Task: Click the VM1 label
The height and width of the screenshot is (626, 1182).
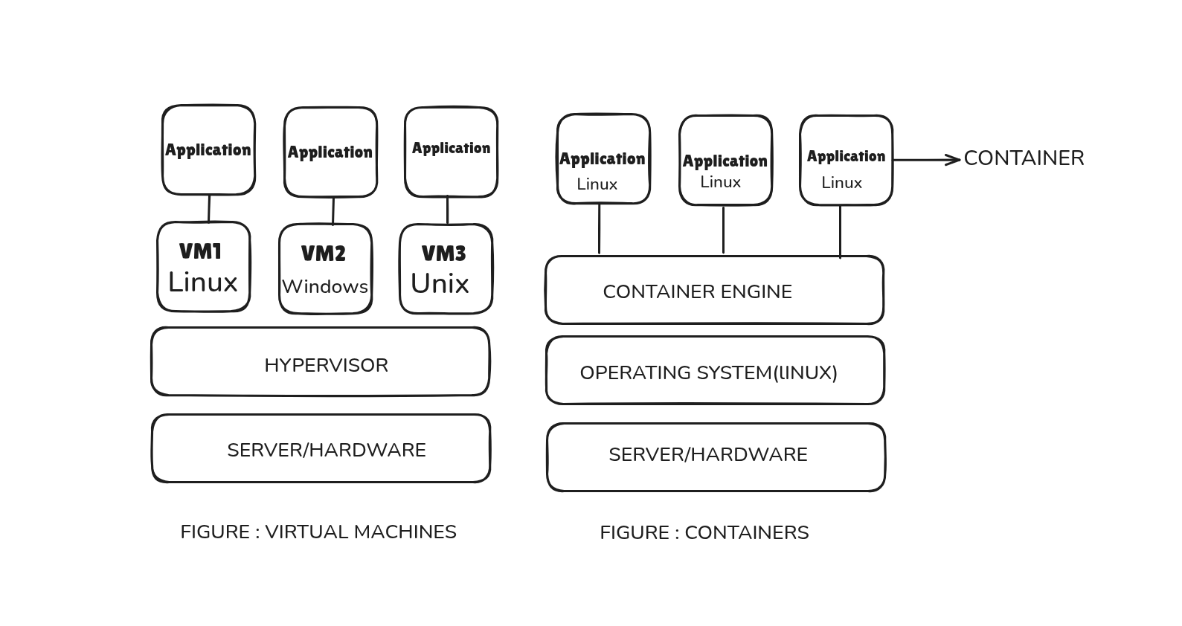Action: click(201, 252)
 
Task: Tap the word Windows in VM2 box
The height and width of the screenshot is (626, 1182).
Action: click(325, 287)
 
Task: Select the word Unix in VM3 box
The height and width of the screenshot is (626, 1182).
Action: click(440, 284)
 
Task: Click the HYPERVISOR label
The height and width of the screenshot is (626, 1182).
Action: click(326, 366)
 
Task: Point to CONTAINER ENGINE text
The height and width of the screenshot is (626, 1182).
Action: click(697, 292)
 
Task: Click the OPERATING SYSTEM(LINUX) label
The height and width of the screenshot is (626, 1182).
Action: click(708, 373)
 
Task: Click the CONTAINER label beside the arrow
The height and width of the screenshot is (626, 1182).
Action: click(1024, 158)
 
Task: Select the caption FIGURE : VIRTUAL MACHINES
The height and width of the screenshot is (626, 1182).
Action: click(318, 532)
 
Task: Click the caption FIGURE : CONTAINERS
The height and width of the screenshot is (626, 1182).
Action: click(704, 533)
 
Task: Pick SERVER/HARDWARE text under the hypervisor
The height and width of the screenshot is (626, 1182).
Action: click(326, 451)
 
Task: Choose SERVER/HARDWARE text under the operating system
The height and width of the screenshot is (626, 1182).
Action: click(707, 455)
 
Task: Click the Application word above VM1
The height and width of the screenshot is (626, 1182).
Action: click(208, 150)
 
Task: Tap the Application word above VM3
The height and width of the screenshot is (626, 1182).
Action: click(451, 148)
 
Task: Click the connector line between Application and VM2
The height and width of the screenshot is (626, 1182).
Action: click(333, 210)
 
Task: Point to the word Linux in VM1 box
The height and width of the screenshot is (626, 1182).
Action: click(202, 283)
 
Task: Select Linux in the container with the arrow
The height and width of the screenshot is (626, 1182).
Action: click(841, 183)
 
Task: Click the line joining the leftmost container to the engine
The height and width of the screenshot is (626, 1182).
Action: click(599, 229)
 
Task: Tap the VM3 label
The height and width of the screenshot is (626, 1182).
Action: click(443, 254)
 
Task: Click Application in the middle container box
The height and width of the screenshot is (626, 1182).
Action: click(725, 161)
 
